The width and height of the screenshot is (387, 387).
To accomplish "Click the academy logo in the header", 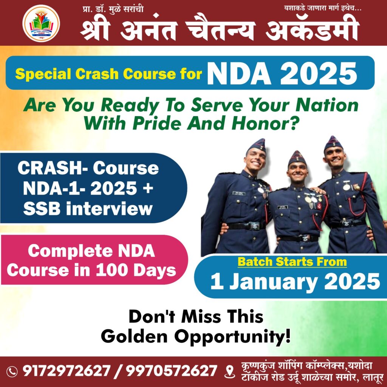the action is [41, 23].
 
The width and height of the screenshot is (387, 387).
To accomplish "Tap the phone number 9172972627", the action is [66, 371].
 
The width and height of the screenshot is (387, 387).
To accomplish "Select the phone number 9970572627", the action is [171, 371].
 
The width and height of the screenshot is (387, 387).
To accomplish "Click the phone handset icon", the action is [12, 371].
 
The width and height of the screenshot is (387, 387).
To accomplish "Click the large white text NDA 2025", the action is [282, 73].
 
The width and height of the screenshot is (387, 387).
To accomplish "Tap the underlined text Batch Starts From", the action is [292, 262].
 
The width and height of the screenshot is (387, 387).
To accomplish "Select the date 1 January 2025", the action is [295, 281].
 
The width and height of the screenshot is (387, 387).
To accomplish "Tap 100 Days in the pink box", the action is [136, 271].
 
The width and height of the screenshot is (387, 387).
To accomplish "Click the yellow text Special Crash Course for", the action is [108, 74].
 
